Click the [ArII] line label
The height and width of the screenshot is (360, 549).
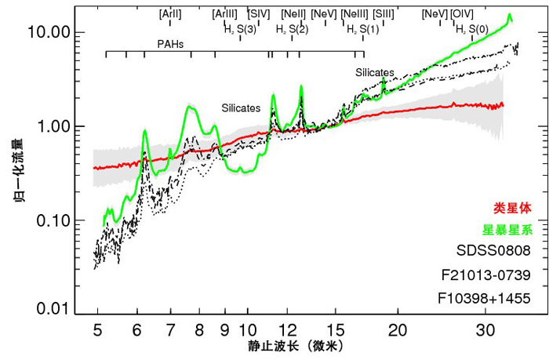[170, 14]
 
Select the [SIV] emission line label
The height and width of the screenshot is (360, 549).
[259, 14]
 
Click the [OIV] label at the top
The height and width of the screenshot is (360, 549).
[462, 14]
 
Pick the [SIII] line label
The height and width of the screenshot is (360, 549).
[384, 14]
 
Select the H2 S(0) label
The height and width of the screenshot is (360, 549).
[473, 29]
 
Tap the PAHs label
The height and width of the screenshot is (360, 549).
[170, 44]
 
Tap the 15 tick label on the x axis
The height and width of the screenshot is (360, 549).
[335, 329]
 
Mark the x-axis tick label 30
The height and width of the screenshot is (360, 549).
[484, 329]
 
